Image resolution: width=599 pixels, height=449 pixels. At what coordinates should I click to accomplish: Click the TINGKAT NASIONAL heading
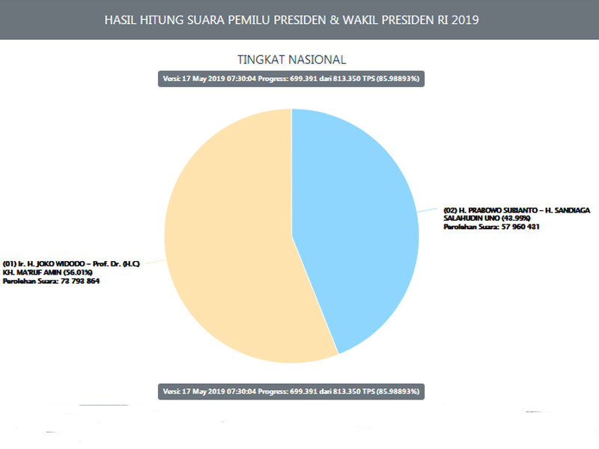[x=291, y=59]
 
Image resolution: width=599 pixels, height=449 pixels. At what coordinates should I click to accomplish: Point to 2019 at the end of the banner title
[x=464, y=19]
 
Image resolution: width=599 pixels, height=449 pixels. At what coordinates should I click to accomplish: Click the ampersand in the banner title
[x=335, y=19]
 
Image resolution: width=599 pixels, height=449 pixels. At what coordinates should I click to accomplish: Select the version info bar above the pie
[x=291, y=79]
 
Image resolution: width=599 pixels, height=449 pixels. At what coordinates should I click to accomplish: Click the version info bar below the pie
[x=291, y=391]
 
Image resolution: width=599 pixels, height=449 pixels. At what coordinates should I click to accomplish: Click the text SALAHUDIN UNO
[x=468, y=218]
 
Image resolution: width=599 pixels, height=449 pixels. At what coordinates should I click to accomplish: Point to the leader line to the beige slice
[x=154, y=262]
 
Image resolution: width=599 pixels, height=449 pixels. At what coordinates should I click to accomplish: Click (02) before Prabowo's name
[x=450, y=210]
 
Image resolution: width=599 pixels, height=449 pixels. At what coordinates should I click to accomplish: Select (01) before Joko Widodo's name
[x=10, y=265]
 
